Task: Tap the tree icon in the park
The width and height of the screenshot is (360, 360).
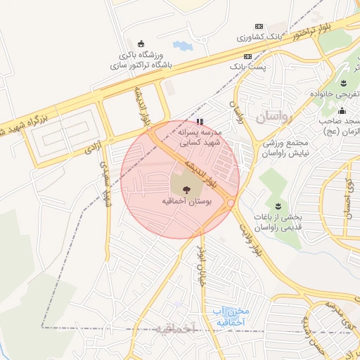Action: click(x=186, y=188)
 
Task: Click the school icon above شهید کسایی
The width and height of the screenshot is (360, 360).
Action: click(x=200, y=121)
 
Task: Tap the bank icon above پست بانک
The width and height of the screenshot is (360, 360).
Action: click(x=247, y=56)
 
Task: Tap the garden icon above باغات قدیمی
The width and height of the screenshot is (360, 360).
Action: click(x=278, y=205)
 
